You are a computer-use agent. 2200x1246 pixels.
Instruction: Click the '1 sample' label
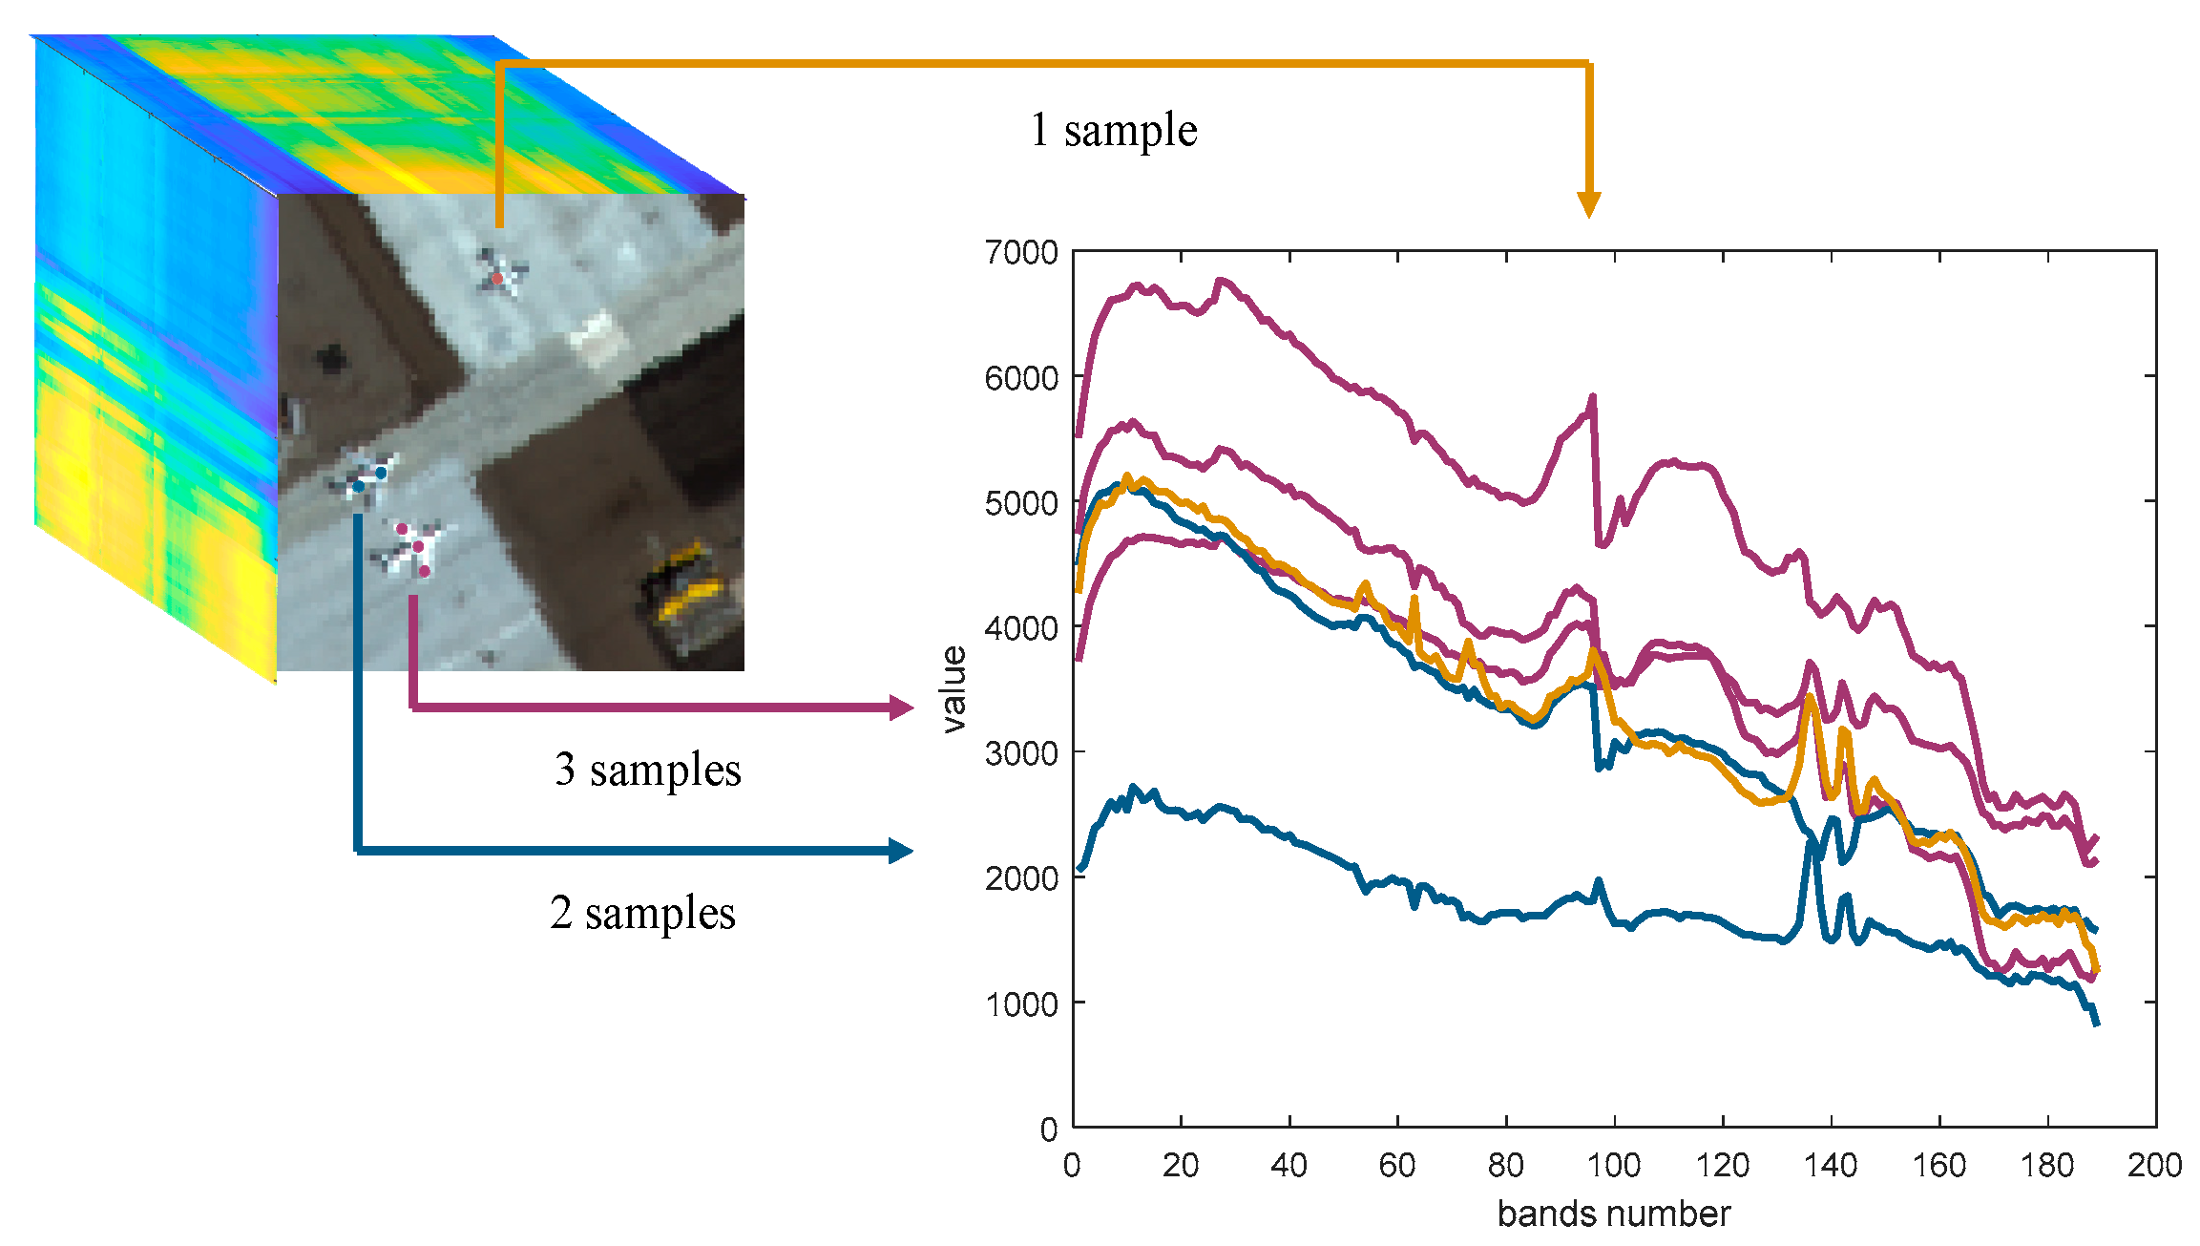pyautogui.click(x=1113, y=130)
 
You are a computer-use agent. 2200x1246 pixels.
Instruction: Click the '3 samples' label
pyautogui.click(x=647, y=770)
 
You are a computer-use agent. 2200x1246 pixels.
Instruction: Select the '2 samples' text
pyautogui.click(x=642, y=914)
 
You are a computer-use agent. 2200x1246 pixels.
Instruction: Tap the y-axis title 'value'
pyautogui.click(x=953, y=688)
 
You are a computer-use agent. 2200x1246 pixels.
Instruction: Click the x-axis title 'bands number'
pyautogui.click(x=1613, y=1214)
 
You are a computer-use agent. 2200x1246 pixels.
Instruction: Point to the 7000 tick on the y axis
pyautogui.click(x=1021, y=253)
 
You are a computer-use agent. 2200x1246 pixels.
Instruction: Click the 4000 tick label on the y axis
pyautogui.click(x=1021, y=628)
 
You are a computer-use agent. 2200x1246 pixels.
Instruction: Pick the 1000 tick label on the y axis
pyautogui.click(x=1021, y=1004)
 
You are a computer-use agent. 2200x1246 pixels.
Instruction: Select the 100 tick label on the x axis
pyautogui.click(x=1613, y=1166)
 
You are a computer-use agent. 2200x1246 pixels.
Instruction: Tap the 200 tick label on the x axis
pyautogui.click(x=2154, y=1166)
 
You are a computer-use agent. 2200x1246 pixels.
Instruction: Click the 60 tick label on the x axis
pyautogui.click(x=1396, y=1166)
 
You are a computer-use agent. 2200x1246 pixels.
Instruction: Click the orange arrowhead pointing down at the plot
pyautogui.click(x=1588, y=204)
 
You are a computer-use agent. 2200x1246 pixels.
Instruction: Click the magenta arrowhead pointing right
pyautogui.click(x=901, y=707)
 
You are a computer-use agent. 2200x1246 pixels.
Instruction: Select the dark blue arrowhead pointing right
pyautogui.click(x=901, y=851)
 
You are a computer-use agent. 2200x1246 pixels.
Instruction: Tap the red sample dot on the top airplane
pyautogui.click(x=497, y=278)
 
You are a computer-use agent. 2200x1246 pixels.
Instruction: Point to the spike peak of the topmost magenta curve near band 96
pyautogui.click(x=1592, y=396)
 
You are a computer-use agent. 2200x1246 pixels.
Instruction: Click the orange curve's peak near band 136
pyautogui.click(x=1810, y=697)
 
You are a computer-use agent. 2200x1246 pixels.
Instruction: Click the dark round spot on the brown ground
pyautogui.click(x=330, y=359)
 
